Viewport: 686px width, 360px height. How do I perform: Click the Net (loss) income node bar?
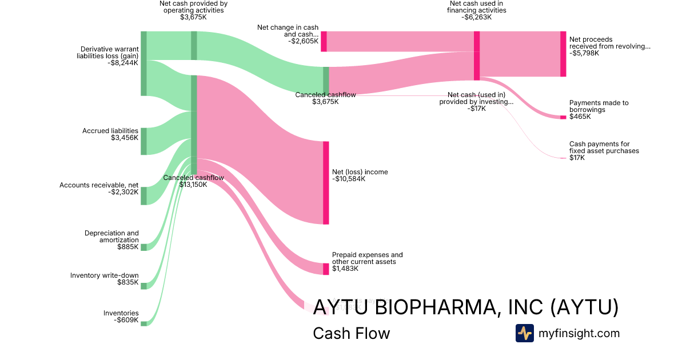[326, 183]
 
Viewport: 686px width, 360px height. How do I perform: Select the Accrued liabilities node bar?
[143, 141]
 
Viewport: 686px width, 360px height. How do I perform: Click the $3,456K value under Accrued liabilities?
[125, 138]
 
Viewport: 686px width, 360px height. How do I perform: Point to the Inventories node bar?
[143, 323]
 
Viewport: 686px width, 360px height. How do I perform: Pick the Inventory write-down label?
[104, 275]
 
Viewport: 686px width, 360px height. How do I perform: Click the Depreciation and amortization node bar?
[143, 247]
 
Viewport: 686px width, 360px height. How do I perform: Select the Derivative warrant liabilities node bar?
[143, 63]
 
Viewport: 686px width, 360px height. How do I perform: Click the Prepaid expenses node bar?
[326, 269]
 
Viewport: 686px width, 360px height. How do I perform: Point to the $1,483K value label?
[345, 269]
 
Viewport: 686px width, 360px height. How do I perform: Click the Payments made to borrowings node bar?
[563, 117]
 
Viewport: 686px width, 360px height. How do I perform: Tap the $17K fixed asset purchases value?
[577, 158]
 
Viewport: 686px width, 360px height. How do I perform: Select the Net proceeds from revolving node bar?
[563, 54]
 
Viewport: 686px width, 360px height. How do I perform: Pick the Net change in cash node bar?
[324, 41]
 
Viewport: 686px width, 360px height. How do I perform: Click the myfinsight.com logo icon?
[524, 333]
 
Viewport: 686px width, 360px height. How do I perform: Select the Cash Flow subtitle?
[351, 333]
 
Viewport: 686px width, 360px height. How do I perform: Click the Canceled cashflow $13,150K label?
[193, 181]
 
